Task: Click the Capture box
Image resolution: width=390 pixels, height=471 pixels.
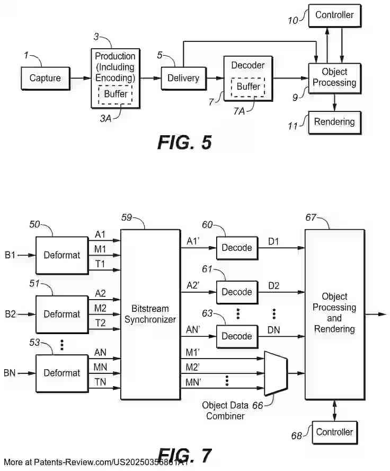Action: tap(45, 78)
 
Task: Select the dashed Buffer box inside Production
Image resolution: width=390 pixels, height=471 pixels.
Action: tap(115, 94)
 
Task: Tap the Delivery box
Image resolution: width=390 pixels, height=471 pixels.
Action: tap(183, 78)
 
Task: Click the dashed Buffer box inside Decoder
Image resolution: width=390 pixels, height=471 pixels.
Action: tap(249, 86)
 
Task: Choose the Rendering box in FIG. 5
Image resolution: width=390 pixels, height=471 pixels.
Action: tap(334, 122)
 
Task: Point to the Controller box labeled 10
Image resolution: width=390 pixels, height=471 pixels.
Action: tap(334, 15)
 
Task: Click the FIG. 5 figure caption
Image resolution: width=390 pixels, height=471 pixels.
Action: tap(184, 142)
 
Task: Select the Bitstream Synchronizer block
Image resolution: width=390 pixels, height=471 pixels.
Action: tap(150, 314)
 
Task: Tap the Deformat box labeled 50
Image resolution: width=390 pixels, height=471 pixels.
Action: tap(61, 255)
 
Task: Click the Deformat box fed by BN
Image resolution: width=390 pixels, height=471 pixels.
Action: tap(61, 373)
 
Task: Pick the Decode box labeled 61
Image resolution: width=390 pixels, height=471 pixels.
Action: tap(236, 292)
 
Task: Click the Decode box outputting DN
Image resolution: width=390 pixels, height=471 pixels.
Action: tap(236, 336)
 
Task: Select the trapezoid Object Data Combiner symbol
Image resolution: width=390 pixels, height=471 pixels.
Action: tap(276, 373)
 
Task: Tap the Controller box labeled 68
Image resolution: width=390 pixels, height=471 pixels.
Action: tap(334, 432)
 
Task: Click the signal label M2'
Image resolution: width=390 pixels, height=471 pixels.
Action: tap(192, 365)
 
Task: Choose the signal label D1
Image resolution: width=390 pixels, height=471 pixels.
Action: tap(273, 242)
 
